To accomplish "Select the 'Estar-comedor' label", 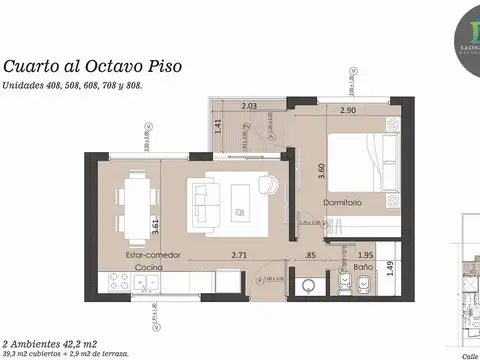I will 153,255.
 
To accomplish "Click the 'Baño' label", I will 363,268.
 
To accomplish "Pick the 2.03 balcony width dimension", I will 250,106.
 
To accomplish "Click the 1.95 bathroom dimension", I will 365,255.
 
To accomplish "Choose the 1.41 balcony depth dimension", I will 219,126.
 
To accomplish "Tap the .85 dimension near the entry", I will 311,255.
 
